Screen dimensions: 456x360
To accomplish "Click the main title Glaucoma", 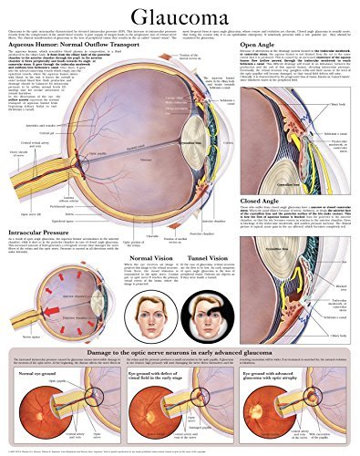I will [x=180, y=16].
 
